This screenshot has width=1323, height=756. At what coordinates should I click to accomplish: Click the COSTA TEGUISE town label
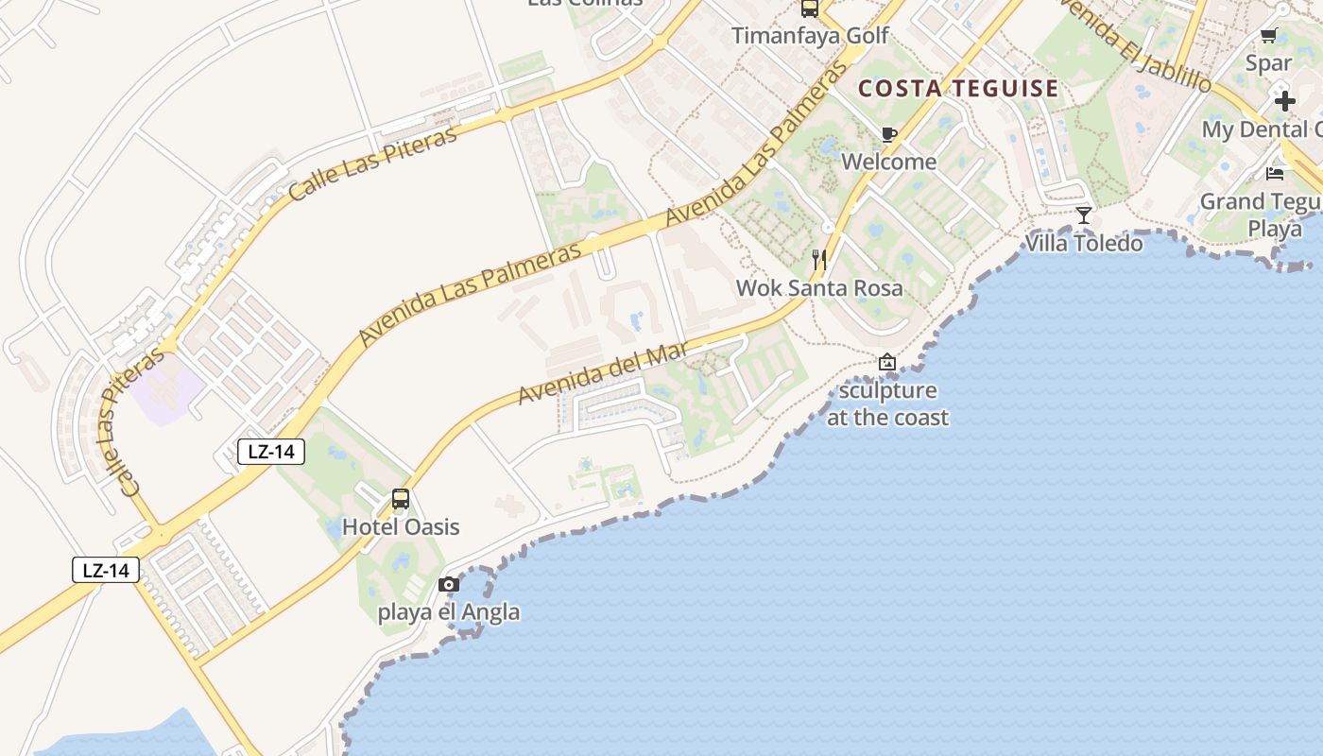958,89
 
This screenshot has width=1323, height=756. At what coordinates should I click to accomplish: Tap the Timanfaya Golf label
810,36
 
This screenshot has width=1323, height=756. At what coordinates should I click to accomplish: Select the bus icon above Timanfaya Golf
810,9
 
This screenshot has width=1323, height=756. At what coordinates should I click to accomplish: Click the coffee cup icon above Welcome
888,134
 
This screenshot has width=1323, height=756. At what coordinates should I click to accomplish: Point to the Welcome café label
888,162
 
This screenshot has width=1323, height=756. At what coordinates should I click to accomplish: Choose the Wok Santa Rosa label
819,287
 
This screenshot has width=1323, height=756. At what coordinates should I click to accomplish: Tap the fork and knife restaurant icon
819,259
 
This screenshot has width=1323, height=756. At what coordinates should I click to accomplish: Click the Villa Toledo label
1084,243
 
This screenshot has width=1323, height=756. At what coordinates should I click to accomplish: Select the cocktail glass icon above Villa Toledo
1084,215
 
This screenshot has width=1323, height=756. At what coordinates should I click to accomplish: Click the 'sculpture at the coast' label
887,404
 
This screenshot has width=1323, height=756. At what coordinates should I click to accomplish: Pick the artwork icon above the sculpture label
886,362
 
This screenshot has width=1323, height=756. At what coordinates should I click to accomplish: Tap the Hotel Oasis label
401,526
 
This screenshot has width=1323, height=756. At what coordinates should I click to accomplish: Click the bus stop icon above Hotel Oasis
401,498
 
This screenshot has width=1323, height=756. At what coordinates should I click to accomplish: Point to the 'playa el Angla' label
449,611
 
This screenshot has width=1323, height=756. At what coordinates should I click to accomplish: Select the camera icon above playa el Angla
449,584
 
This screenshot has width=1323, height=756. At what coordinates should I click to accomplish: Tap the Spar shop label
1268,63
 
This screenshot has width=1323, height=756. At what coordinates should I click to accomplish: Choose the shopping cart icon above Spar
1268,36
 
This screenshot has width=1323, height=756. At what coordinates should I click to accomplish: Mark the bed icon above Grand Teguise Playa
1275,174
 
